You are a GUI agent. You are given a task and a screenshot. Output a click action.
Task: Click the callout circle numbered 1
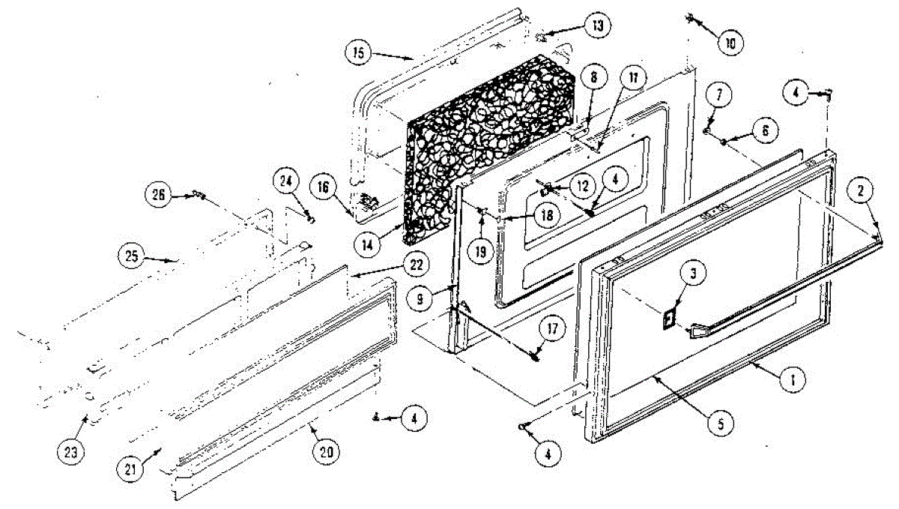[787, 380]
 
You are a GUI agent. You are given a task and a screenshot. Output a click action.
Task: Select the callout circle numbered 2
[862, 192]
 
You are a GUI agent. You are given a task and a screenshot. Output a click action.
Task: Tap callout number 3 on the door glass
[693, 274]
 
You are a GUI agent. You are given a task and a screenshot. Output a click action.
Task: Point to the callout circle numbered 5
[718, 424]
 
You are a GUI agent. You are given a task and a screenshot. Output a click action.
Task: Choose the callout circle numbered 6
[765, 130]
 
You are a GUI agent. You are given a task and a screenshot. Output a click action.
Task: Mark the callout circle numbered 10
[730, 43]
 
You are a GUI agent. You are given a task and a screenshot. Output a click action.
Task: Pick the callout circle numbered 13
[596, 25]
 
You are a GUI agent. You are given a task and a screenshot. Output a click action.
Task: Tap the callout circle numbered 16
[322, 187]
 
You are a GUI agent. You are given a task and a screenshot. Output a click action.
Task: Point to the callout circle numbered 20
[329, 452]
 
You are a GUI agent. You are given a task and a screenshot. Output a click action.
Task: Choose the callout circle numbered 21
[130, 471]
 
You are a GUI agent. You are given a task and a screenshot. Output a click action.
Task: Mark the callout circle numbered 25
[132, 254]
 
